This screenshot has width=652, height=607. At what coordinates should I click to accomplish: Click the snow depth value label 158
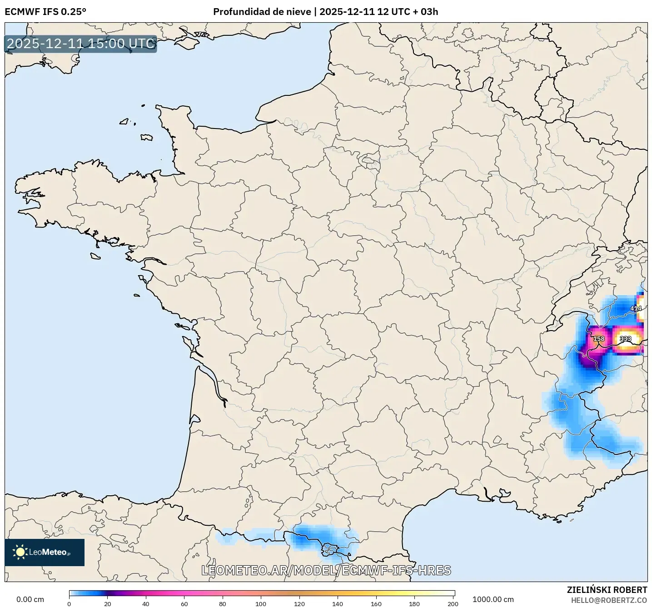599,339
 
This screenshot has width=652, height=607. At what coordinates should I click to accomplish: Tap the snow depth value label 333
626,339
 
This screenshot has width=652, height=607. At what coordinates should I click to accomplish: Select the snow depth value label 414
636,308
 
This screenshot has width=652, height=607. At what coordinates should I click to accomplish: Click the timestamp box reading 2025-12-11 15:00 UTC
81,44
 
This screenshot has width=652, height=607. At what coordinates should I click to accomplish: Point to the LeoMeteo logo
45,552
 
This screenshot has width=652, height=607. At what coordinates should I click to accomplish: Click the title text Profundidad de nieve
262,12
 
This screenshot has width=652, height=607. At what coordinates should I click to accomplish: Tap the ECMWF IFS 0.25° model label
45,12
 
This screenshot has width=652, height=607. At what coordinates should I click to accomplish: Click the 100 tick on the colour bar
261,604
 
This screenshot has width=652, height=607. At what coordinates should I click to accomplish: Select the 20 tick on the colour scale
107,604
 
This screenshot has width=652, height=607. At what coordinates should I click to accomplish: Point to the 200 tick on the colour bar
453,604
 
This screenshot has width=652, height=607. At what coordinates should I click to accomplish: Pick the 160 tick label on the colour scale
376,604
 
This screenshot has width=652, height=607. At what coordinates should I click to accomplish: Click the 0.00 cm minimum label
30,599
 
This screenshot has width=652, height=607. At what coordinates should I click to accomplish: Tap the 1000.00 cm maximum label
493,599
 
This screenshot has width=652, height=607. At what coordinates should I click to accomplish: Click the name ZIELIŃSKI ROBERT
607,590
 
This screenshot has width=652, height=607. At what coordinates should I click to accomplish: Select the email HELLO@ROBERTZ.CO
609,600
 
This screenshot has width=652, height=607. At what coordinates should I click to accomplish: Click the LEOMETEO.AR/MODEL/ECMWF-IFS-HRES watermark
326,570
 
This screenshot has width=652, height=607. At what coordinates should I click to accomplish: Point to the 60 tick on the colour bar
184,604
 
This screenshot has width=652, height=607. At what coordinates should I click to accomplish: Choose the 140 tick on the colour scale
338,604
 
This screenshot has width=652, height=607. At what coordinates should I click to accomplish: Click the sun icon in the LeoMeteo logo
20,552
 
